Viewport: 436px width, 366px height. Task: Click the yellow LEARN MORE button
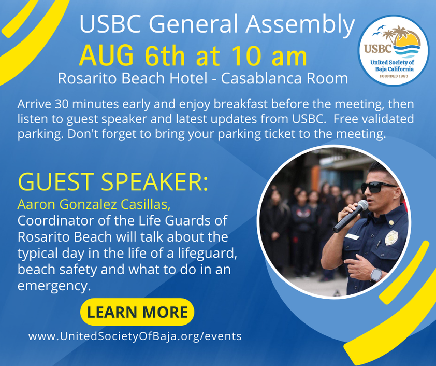click(137, 312)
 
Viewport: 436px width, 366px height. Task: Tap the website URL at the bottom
click(135, 336)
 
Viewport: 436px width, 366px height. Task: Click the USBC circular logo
click(393, 50)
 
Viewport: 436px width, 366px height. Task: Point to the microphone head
click(362, 205)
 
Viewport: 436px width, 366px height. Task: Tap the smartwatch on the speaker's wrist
click(376, 275)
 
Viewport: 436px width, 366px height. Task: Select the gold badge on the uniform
click(391, 237)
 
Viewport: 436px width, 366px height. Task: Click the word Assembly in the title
click(300, 24)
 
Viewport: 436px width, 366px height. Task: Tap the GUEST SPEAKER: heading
click(112, 181)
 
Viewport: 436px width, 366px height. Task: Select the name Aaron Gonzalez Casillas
click(94, 205)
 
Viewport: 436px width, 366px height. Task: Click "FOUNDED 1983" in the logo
click(394, 76)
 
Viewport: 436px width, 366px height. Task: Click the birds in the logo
click(379, 30)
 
